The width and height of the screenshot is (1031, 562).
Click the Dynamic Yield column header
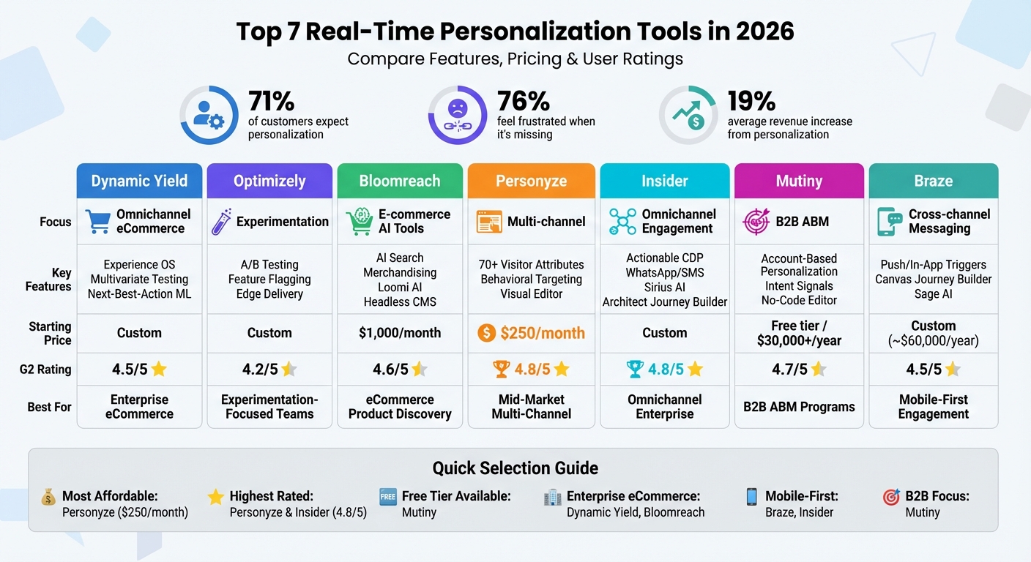139,181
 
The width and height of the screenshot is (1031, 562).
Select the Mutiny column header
799,181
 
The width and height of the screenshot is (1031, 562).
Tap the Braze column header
933,181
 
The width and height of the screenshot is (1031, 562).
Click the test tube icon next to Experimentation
221,221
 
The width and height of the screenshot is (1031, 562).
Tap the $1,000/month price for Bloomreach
400,333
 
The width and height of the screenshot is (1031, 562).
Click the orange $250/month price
542,333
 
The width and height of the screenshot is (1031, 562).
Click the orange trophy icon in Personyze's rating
501,370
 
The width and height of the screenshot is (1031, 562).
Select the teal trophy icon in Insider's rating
634,370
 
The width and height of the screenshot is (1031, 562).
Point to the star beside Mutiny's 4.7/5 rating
819,370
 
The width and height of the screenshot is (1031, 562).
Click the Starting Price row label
50,333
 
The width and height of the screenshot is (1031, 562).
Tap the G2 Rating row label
45,370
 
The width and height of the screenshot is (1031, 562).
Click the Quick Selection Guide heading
515,468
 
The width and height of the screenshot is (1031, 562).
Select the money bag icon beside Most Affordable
48,498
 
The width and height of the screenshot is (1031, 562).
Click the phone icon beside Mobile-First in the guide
751,497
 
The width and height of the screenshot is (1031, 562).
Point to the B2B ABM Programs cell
799,407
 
